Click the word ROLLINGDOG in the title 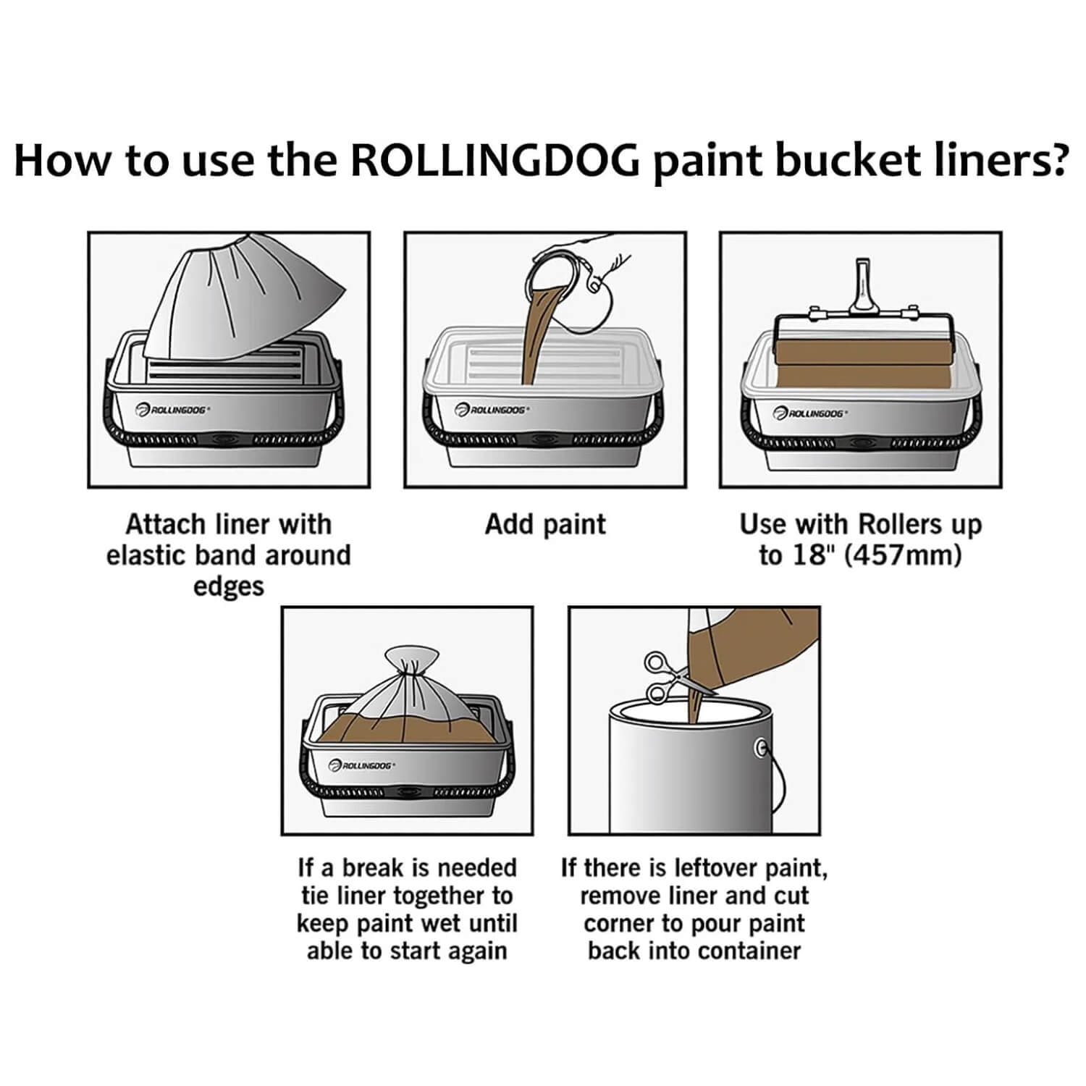click(x=495, y=161)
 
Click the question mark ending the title click(x=1058, y=160)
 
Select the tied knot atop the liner click(x=411, y=660)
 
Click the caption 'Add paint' click(x=545, y=524)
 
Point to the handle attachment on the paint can click(x=761, y=748)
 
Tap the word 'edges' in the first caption click(x=229, y=586)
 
